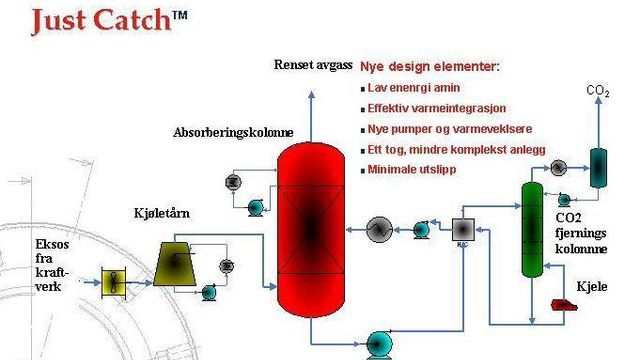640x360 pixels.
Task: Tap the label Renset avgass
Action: (313, 65)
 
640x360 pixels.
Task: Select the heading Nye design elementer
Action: (429, 67)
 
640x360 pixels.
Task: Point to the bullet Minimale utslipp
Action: (411, 169)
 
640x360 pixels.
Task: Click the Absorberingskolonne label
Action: (233, 132)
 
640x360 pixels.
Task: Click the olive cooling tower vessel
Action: (181, 260)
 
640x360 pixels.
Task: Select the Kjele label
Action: (592, 286)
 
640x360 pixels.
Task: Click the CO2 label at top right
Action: (597, 92)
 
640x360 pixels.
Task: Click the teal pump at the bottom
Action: (379, 340)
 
